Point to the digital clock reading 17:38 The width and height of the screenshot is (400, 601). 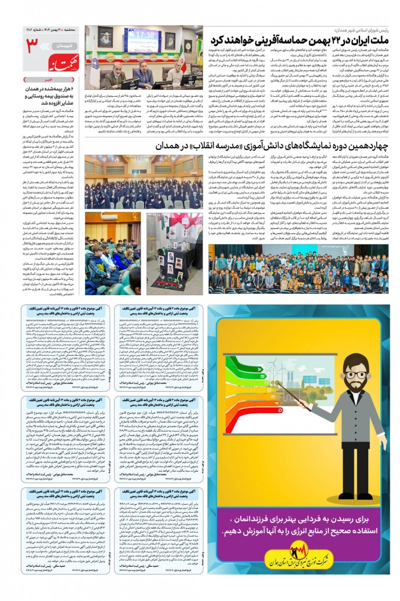145,35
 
